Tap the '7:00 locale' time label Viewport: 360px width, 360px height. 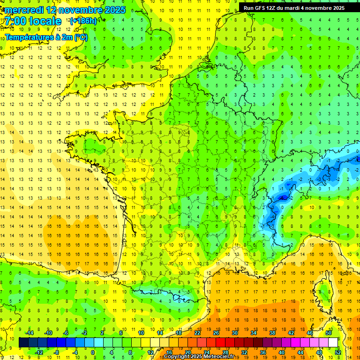tap(33, 22)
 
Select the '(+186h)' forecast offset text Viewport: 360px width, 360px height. tap(83, 21)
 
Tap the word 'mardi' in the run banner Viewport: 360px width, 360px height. tap(296, 8)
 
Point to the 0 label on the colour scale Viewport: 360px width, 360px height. tap(92, 352)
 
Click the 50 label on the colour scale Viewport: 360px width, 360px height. tap(329, 333)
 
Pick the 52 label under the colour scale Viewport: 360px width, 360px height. tap(337, 352)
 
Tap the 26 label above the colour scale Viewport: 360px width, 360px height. tap(216, 333)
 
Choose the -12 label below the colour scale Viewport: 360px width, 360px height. tap(39, 352)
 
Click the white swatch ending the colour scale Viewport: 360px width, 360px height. tap(333, 343)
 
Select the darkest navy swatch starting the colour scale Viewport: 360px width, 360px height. tap(23, 343)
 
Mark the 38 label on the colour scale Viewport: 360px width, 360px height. tap(272, 333)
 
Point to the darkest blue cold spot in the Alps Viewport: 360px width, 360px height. tap(282, 198)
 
